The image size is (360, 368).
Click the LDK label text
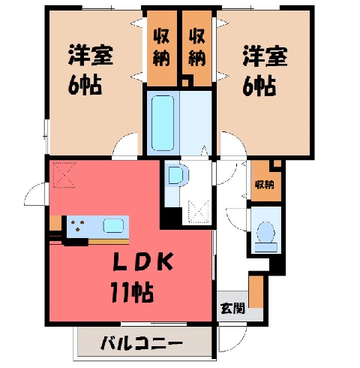pos(143,261)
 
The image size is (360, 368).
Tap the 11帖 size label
pos(132,292)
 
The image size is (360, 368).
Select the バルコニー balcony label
pos(141,343)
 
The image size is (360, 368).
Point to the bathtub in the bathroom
pos(163,123)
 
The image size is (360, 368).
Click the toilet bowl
pos(266,232)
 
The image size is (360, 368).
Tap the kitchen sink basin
pos(114,226)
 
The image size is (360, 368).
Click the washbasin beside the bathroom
pos(178,175)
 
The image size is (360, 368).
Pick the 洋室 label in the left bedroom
pos(91,55)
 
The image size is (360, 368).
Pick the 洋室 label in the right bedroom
pos(265,56)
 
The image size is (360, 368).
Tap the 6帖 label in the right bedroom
pos(259,86)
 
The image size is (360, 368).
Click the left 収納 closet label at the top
pos(161,47)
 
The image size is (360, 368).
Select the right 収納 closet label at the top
pos(197,47)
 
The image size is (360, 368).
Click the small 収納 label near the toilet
pos(265,185)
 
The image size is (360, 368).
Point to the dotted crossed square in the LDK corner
pos(64,175)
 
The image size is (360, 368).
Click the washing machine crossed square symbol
pos(199,210)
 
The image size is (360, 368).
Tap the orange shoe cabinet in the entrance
pos(256,291)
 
